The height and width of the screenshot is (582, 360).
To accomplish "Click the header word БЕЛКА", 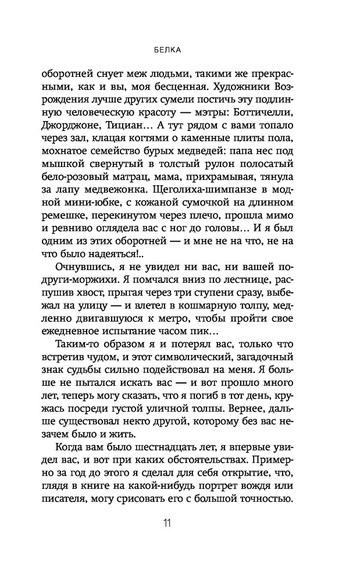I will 180,50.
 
